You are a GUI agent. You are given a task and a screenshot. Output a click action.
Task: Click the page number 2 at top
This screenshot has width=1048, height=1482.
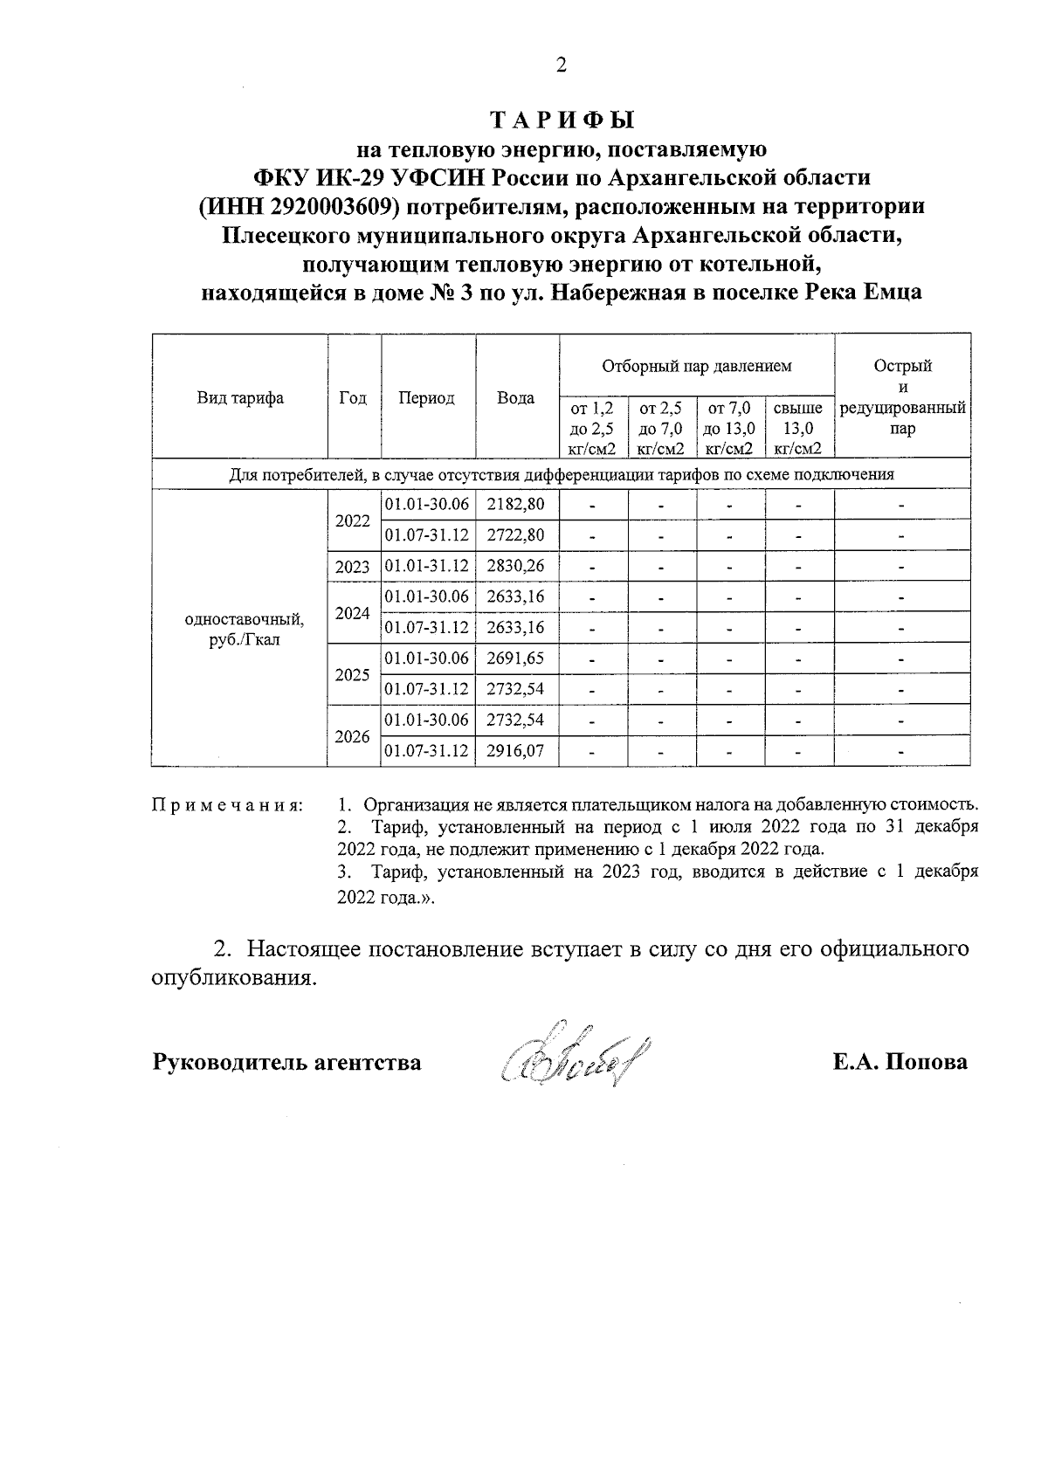(x=561, y=65)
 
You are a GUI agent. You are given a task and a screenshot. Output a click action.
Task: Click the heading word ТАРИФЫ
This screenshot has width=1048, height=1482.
(x=561, y=121)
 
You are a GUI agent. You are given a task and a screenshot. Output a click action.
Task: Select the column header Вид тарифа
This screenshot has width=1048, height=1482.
(x=240, y=398)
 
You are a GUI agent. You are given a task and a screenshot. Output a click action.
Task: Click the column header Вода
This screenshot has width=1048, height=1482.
(x=516, y=398)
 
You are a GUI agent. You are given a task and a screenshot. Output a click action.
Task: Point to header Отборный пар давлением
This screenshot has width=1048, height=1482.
(x=696, y=366)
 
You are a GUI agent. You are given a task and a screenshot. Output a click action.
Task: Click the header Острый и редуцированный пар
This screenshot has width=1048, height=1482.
(x=902, y=397)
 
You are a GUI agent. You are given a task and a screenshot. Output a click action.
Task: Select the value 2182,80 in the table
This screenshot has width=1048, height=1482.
(x=516, y=504)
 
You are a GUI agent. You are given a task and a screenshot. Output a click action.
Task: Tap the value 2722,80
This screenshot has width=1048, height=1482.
(x=516, y=534)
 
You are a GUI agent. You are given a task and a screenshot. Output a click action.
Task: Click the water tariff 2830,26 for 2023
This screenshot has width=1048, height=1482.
(x=516, y=566)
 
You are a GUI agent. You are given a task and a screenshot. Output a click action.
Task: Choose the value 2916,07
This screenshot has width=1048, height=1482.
(x=516, y=750)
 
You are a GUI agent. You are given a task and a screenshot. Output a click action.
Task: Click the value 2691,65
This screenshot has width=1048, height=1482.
(x=516, y=658)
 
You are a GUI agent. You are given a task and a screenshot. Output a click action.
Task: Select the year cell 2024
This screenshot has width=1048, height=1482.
(x=353, y=612)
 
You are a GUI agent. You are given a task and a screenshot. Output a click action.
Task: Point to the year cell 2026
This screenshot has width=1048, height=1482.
(x=353, y=736)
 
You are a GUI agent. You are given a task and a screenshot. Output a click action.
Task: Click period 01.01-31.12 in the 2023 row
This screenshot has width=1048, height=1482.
(x=427, y=566)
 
